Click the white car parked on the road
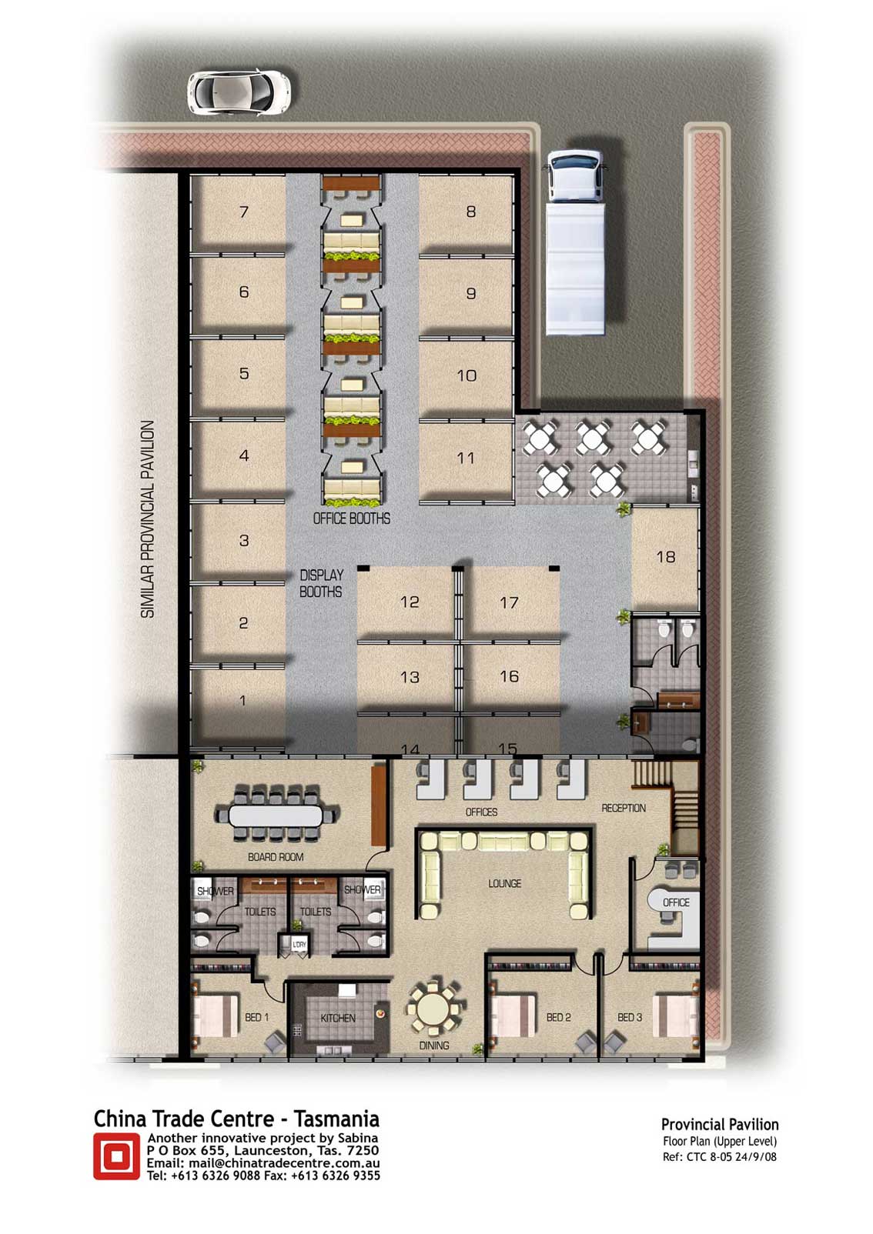[239, 92]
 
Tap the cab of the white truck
[574, 176]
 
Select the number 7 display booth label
[244, 212]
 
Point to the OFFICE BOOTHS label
[352, 519]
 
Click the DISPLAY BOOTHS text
[321, 583]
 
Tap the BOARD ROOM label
[276, 856]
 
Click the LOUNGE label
[504, 883]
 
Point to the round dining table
[433, 1009]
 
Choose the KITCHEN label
[338, 1018]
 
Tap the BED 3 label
[630, 1017]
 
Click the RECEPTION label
[624, 808]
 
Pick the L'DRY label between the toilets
[299, 944]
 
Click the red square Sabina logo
[116, 1156]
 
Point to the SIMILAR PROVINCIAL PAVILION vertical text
[147, 519]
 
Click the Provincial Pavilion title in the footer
[720, 1124]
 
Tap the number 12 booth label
[410, 602]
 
